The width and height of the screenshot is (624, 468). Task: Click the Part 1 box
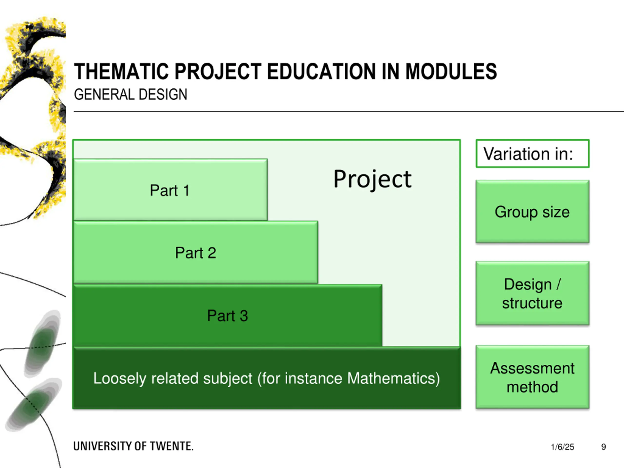170,190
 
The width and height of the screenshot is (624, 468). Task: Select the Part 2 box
195,253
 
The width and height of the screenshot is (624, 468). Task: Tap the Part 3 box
227,315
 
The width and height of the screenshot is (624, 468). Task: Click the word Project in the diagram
372,179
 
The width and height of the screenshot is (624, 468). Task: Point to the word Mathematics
393,378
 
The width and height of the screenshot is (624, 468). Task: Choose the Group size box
532,212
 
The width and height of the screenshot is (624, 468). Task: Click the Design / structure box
532,293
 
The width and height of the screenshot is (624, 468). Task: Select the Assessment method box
532,377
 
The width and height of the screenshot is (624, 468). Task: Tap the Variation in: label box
532,154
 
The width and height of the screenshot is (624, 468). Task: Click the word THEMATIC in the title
121,72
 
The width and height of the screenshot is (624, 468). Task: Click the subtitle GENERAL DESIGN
130,95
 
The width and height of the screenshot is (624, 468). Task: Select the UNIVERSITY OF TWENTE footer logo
133,446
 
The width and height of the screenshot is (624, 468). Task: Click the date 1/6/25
562,447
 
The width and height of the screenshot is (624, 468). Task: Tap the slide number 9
604,447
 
